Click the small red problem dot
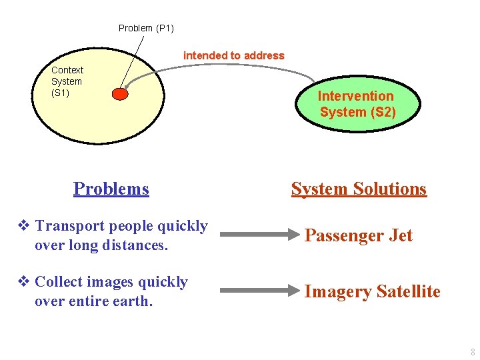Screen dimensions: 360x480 (x=119, y=94)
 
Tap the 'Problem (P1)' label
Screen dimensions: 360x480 (x=146, y=28)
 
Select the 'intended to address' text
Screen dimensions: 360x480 (x=233, y=56)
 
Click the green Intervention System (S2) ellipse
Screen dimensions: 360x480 (x=358, y=104)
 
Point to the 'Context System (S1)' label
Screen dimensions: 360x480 (x=67, y=81)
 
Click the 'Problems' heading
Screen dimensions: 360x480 (x=111, y=189)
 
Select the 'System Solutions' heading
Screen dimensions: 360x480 (x=359, y=189)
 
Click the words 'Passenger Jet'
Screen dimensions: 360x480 (x=358, y=235)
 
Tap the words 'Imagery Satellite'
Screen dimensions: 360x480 (x=372, y=291)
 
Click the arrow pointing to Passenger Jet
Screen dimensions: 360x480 (x=260, y=235)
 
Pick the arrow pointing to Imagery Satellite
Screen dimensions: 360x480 (x=260, y=291)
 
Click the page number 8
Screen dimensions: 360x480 (x=473, y=352)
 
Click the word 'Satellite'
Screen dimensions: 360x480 (x=408, y=291)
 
